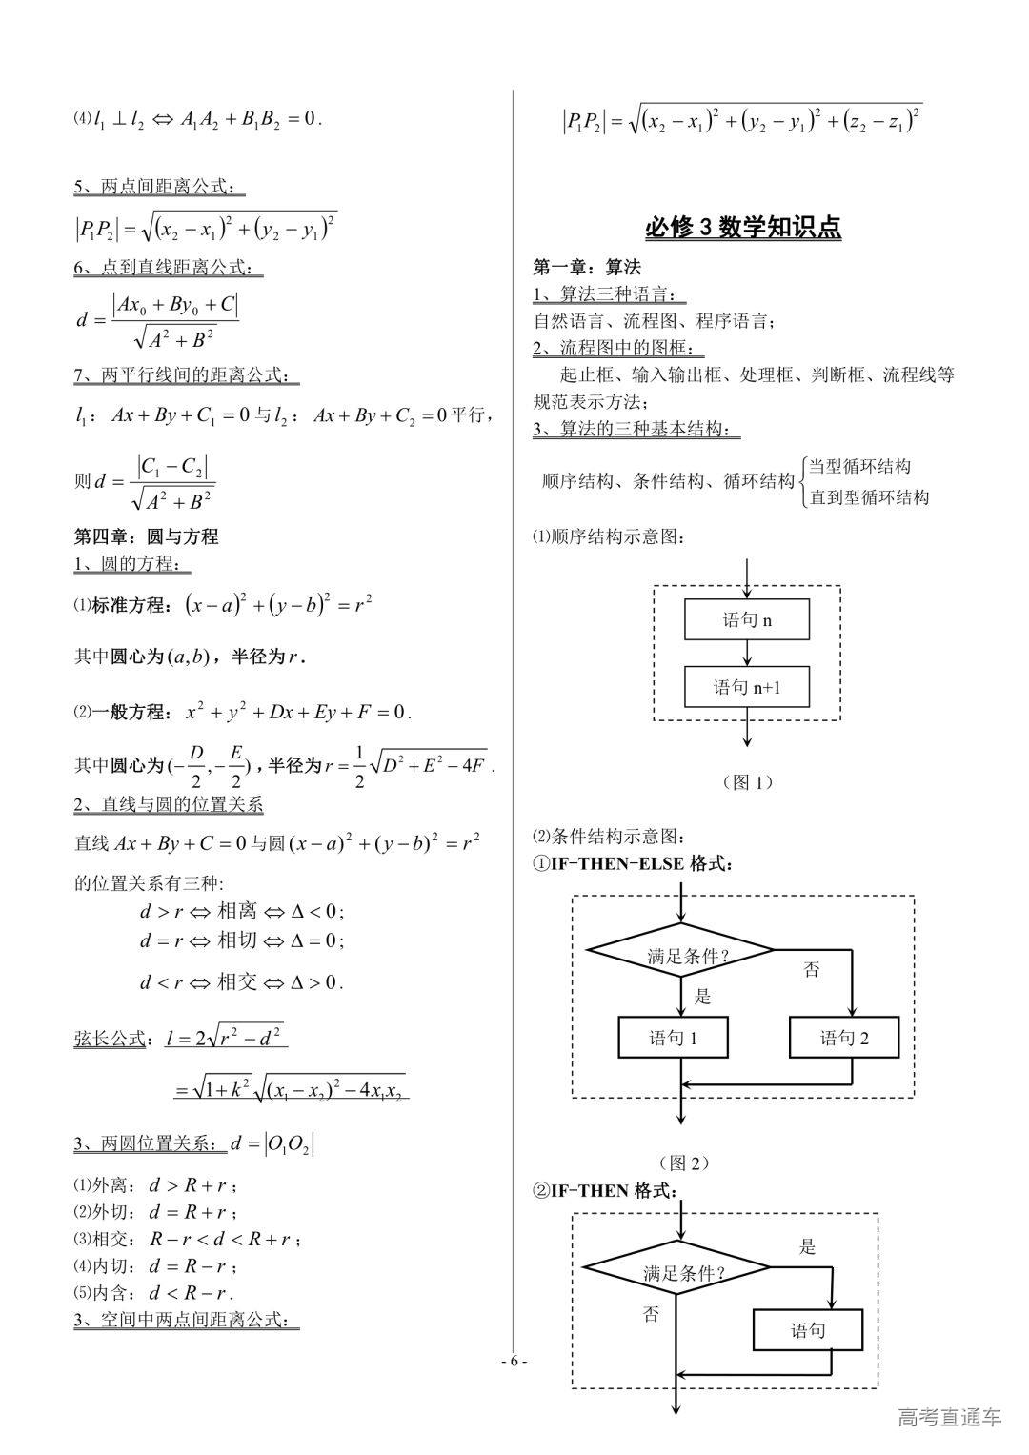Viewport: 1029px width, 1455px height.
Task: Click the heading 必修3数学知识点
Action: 743,227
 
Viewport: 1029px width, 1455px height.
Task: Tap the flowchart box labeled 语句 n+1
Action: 747,686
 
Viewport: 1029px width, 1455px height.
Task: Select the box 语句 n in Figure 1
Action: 747,620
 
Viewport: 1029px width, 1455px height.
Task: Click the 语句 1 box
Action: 674,1038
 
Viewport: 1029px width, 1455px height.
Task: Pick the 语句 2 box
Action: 844,1038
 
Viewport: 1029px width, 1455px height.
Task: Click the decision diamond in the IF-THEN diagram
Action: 676,1270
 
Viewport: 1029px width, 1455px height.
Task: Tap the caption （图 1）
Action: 747,782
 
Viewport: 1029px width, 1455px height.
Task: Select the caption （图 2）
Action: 683,1162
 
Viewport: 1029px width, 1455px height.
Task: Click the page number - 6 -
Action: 514,1361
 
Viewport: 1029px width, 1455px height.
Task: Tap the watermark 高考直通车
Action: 949,1417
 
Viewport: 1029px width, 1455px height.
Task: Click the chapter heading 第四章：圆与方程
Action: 147,536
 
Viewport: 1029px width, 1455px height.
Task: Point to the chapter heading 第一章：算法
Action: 587,267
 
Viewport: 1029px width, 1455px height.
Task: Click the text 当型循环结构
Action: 859,466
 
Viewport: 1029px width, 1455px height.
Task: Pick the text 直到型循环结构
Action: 868,496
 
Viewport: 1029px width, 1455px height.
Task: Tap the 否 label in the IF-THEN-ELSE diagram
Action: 811,970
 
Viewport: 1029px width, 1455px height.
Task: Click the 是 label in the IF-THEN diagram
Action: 807,1246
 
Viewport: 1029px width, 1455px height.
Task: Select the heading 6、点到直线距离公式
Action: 168,268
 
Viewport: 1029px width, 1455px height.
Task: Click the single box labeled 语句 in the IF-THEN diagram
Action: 808,1330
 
